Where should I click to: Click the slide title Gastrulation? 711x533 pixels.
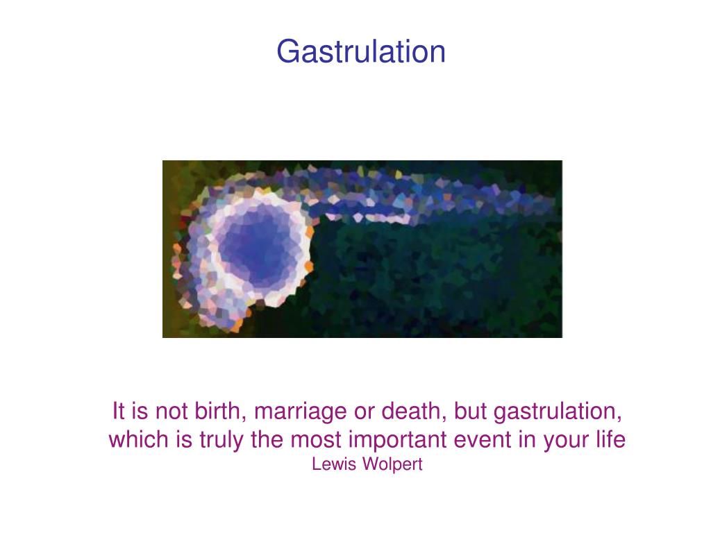360,51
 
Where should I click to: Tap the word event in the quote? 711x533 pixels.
481,440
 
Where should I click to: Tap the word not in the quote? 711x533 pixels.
167,412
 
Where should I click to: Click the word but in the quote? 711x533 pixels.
471,412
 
